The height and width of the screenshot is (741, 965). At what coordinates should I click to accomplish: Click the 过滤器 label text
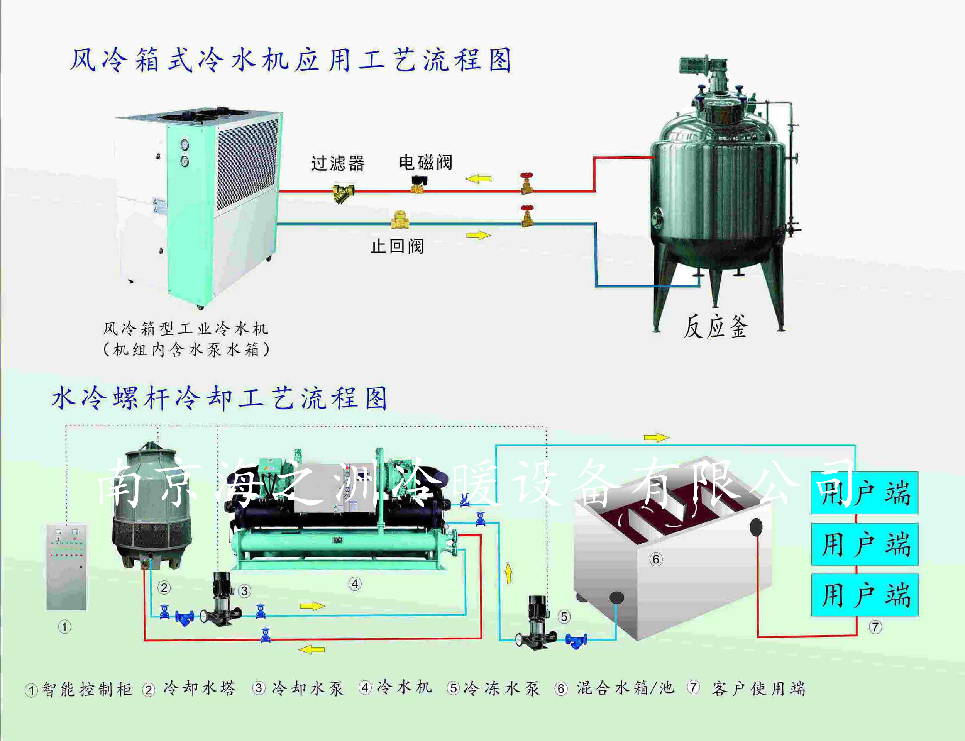point(338,163)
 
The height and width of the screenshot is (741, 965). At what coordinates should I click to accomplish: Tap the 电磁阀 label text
point(425,162)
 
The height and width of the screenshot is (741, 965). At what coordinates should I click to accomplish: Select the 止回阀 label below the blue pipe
point(397,246)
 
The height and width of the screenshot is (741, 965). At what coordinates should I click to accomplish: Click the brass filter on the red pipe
point(344,193)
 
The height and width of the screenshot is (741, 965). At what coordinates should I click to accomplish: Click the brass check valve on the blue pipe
point(400,220)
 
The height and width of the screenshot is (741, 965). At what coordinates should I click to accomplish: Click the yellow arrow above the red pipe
point(478,179)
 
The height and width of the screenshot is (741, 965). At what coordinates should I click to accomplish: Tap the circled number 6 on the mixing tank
point(656,559)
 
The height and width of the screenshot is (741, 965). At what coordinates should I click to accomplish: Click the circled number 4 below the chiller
point(356,584)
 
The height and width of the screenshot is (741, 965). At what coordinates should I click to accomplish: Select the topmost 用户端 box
point(865,493)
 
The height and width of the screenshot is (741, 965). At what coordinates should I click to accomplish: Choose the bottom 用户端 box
point(865,595)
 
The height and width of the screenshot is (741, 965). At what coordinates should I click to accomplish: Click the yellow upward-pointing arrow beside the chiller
point(509,573)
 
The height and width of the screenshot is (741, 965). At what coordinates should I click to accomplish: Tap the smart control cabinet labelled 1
point(67,567)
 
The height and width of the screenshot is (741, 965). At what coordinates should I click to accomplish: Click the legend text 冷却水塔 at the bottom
point(199,688)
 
